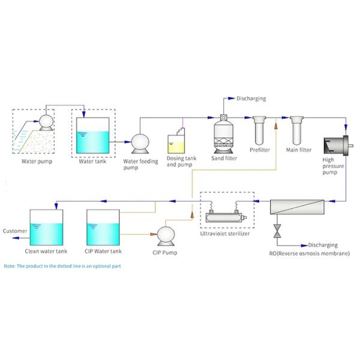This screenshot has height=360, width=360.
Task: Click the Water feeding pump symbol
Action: [x=140, y=144]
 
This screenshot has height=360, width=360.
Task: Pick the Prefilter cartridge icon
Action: [x=259, y=130]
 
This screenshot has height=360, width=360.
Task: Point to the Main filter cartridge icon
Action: [x=296, y=130]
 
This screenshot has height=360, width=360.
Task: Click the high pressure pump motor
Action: [x=338, y=146]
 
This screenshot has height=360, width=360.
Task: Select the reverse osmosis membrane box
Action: [x=297, y=207]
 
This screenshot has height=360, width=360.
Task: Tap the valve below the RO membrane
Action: [x=277, y=231]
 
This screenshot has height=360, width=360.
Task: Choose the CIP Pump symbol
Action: [x=166, y=236]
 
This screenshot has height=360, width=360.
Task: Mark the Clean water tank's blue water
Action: [x=46, y=234]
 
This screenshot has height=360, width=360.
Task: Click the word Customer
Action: [x=15, y=231]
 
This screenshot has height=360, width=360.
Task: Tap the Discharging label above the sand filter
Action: [x=251, y=98]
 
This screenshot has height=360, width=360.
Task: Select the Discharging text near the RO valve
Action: [x=323, y=245]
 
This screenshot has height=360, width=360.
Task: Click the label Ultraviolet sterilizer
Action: [x=225, y=234]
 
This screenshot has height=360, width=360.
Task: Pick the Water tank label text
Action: [x=92, y=161]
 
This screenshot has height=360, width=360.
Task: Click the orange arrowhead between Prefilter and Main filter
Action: [x=276, y=126]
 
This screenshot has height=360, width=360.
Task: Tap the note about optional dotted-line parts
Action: [x=62, y=266]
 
